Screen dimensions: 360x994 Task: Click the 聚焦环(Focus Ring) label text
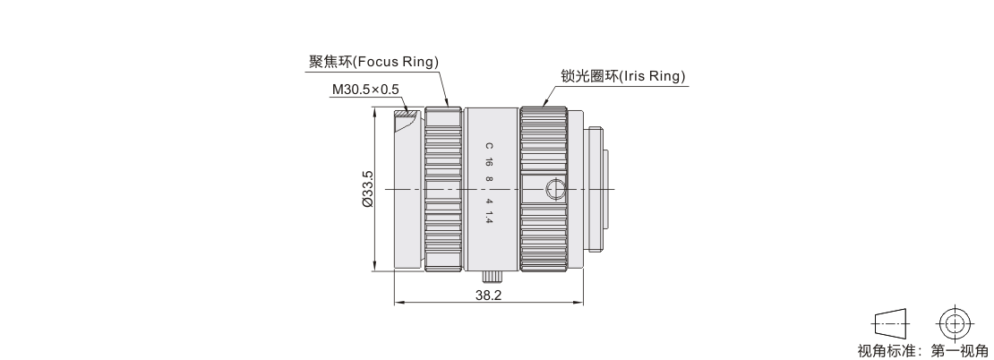pyautogui.click(x=373, y=62)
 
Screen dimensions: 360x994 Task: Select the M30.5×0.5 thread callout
pyautogui.click(x=364, y=90)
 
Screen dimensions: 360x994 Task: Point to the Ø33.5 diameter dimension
pyautogui.click(x=367, y=190)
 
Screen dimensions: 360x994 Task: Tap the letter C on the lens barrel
pyautogui.click(x=489, y=145)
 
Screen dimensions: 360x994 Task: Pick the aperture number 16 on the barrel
pyautogui.click(x=489, y=162)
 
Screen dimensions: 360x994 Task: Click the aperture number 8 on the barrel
pyautogui.click(x=489, y=179)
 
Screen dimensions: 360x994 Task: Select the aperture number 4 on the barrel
pyautogui.click(x=489, y=201)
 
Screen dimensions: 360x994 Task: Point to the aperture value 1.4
pyautogui.click(x=489, y=218)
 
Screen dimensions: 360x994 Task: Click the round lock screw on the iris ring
pyautogui.click(x=555, y=190)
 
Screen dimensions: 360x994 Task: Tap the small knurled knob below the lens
pyautogui.click(x=491, y=276)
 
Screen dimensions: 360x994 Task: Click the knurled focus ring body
pyautogui.click(x=443, y=190)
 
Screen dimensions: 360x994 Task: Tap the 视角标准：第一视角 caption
pyautogui.click(x=922, y=349)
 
